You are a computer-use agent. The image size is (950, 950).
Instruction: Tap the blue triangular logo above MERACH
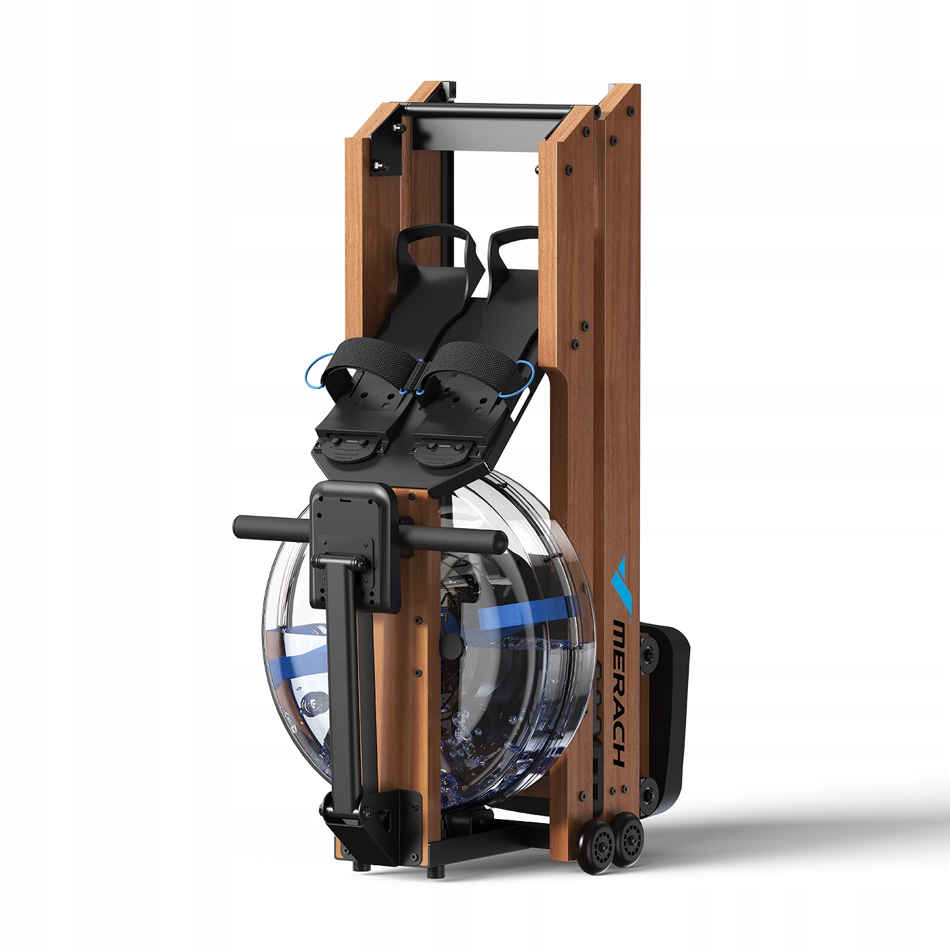621,584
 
